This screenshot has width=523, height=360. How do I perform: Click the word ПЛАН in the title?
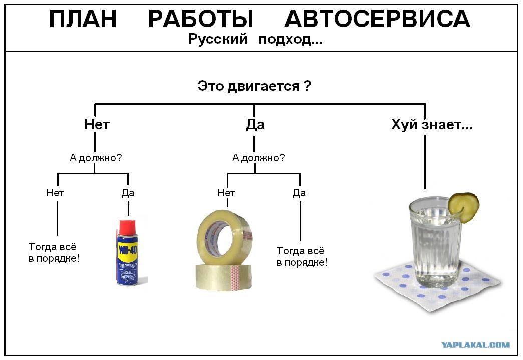click(x=83, y=19)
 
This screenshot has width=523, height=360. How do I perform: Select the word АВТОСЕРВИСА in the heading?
click(x=377, y=19)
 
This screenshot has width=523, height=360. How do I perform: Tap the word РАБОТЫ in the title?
click(x=201, y=19)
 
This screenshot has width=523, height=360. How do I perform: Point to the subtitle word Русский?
click(x=218, y=39)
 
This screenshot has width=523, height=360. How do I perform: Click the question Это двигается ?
click(x=254, y=86)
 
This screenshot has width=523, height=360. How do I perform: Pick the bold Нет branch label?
click(x=97, y=124)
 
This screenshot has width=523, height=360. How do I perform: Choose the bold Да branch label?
click(x=255, y=124)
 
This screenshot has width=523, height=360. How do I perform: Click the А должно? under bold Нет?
click(x=96, y=157)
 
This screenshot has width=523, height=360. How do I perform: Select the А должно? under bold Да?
click(x=258, y=157)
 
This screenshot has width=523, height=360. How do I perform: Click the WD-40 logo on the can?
click(x=128, y=250)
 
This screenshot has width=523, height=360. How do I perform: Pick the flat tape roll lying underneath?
click(x=223, y=277)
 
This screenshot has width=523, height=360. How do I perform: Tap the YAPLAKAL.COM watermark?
click(x=475, y=345)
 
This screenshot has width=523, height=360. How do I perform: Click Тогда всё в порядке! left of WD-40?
click(x=54, y=253)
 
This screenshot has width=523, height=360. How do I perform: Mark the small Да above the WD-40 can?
click(x=128, y=193)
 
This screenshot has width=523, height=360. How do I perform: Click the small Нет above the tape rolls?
click(x=226, y=193)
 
